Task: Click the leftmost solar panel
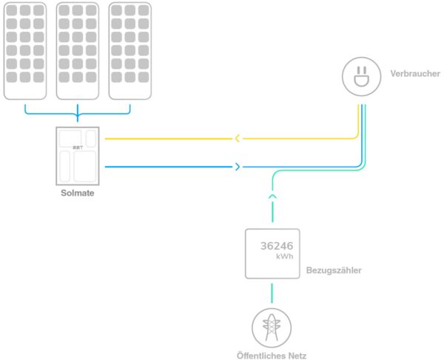pyautogui.click(x=25, y=50)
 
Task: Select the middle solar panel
pyautogui.click(x=78, y=50)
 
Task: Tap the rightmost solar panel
pyautogui.click(x=129, y=50)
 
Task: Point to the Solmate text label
pyautogui.click(x=77, y=193)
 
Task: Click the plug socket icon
pyautogui.click(x=360, y=77)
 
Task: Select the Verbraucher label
pyautogui.click(x=415, y=74)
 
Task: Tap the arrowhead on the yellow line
pyautogui.click(x=236, y=138)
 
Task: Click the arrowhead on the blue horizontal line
pyautogui.click(x=237, y=167)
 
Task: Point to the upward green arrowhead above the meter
pyautogui.click(x=272, y=196)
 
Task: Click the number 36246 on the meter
pyautogui.click(x=276, y=247)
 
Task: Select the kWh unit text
pyautogui.click(x=284, y=257)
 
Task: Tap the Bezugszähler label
pyautogui.click(x=334, y=271)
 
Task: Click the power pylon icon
pyautogui.click(x=272, y=327)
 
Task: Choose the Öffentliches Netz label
pyautogui.click(x=272, y=355)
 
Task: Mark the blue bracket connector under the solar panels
pyautogui.click(x=77, y=113)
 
